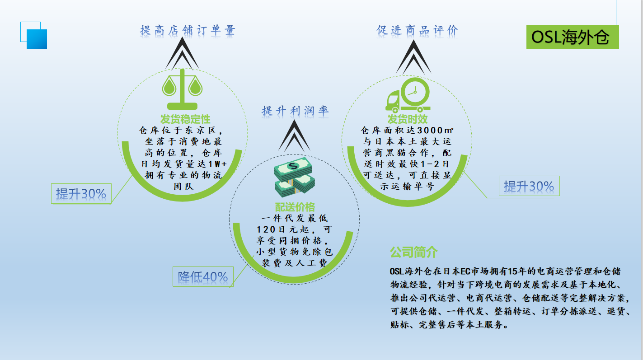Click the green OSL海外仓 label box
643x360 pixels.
(x=573, y=37)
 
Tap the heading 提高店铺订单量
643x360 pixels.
(x=188, y=30)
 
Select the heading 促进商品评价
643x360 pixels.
(x=418, y=30)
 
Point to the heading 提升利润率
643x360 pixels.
(x=295, y=111)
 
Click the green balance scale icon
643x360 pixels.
(x=182, y=89)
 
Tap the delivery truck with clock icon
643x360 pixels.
(x=408, y=95)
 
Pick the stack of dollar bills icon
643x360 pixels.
(x=294, y=177)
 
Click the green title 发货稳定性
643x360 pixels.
(x=185, y=119)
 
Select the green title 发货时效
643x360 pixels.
(x=408, y=119)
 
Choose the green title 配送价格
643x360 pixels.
(x=295, y=207)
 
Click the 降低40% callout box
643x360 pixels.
(x=203, y=277)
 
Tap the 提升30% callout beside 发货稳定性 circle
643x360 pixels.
(x=81, y=194)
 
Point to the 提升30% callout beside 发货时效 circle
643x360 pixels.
(x=529, y=186)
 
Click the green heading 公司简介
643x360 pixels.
(x=413, y=252)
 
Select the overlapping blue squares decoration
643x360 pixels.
(x=33, y=35)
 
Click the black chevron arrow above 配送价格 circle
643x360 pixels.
(x=294, y=136)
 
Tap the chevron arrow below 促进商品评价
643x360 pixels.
(x=413, y=57)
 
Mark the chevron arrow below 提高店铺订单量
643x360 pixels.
(x=182, y=53)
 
